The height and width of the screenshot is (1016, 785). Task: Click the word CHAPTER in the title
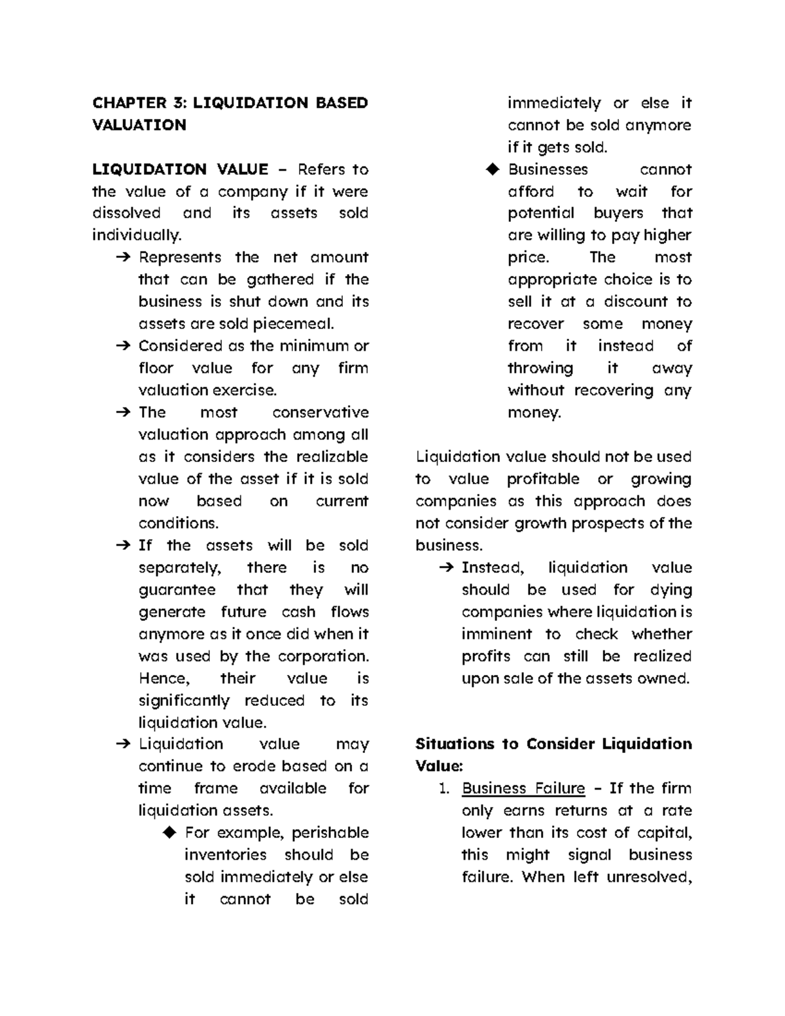[x=130, y=103]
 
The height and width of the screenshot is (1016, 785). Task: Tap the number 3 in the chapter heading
[x=179, y=103]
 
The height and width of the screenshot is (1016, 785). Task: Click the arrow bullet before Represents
[x=122, y=258]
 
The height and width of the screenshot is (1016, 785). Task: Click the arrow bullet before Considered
[x=122, y=346]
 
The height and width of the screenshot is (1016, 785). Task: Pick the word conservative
[x=320, y=413]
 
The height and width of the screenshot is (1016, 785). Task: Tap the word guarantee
[x=177, y=590]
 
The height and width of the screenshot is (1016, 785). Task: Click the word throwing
[x=540, y=368]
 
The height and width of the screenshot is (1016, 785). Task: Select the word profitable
[x=543, y=479]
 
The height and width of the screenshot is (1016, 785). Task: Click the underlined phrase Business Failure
[x=523, y=788]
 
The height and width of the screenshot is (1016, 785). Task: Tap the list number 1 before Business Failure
[x=444, y=789]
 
